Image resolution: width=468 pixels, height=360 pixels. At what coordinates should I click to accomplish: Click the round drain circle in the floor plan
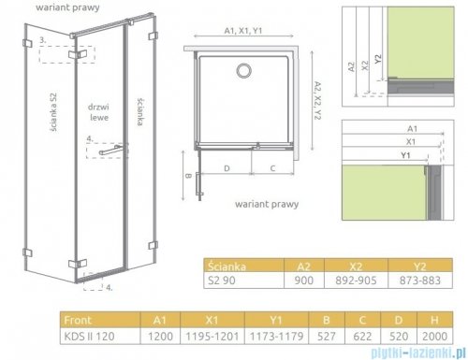tap(246, 71)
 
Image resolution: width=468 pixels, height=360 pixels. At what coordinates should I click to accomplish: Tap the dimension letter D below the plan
tap(228, 168)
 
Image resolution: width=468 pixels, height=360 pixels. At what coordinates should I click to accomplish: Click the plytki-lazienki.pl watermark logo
tap(412, 351)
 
